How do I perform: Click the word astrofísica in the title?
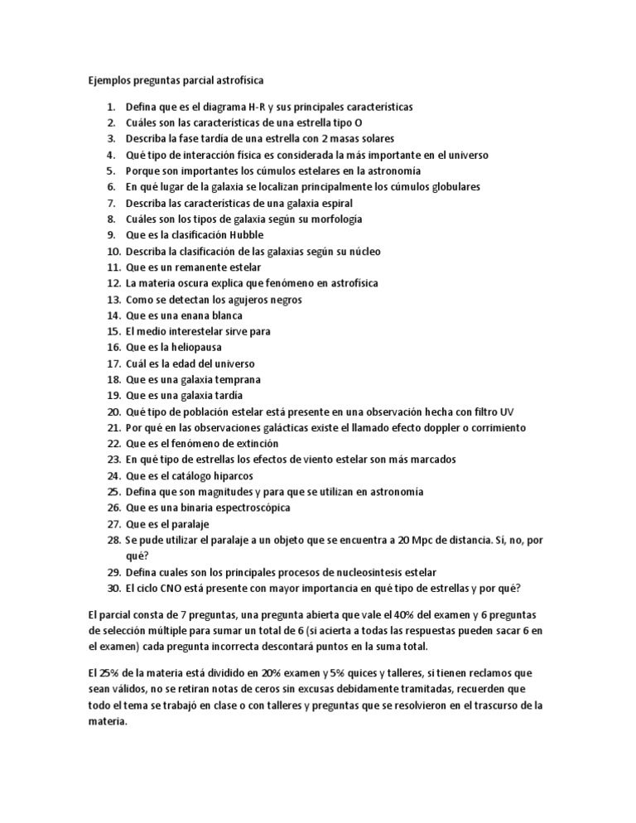tap(236, 80)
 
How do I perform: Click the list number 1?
tap(110, 107)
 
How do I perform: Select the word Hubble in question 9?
tap(224, 235)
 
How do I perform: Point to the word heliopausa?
tap(188, 347)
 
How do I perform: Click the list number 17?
tap(113, 363)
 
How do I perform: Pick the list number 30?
tap(113, 588)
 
